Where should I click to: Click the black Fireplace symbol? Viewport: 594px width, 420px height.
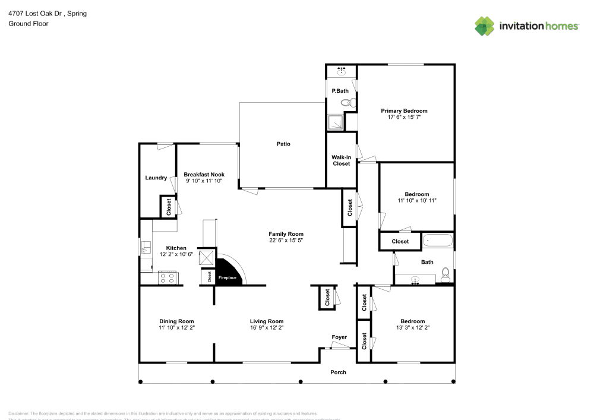pos(229,274)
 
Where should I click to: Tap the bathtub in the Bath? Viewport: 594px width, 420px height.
pos(438,242)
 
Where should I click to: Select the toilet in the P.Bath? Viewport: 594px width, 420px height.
pos(347,103)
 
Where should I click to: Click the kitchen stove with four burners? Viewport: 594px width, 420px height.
pos(167,277)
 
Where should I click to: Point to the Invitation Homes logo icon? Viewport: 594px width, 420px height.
pos(485,26)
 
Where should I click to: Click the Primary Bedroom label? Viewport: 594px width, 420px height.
pos(404,111)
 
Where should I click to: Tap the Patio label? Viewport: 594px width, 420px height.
pos(283,144)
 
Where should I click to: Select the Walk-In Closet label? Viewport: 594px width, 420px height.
pos(341,160)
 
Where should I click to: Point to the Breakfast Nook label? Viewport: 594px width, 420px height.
pos(204,174)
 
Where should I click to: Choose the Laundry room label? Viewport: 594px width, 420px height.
pos(156,178)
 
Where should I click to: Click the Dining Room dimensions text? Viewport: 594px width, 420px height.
pos(176,327)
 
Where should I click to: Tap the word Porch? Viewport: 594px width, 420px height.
pos(338,372)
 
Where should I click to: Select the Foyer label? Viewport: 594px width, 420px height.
pos(339,337)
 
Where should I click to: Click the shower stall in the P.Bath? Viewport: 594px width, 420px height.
pos(335,122)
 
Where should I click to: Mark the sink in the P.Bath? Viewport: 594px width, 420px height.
pos(342,71)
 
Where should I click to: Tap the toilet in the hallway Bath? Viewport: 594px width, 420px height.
pos(445,275)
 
